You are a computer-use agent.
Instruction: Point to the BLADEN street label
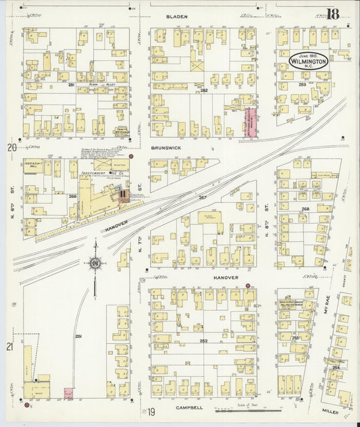(x=178, y=16)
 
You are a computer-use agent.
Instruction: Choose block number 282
(x=203, y=90)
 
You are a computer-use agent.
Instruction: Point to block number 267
(x=202, y=197)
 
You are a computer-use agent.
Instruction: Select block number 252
(x=203, y=341)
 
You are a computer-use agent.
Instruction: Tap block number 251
(x=78, y=336)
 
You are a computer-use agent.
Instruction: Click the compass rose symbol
(x=96, y=263)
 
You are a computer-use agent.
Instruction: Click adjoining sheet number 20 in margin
(x=11, y=147)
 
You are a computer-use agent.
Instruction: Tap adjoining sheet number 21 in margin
(x=9, y=347)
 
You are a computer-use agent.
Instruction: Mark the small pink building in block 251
(x=68, y=392)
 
